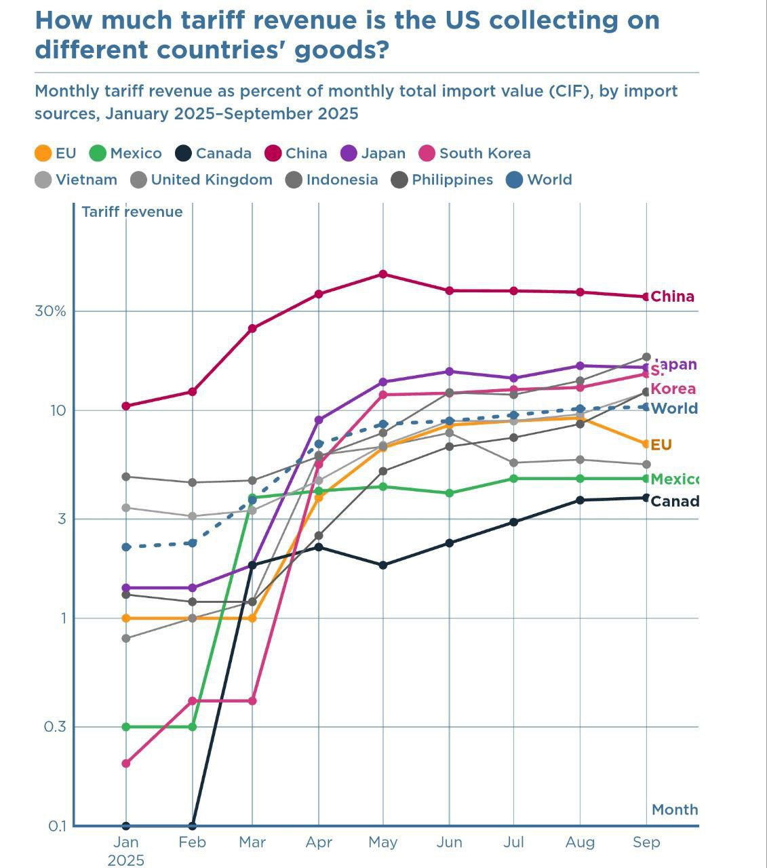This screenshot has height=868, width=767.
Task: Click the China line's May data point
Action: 383,274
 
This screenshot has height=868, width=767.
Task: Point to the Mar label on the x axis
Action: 252,842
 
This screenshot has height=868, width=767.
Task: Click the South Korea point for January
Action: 125,764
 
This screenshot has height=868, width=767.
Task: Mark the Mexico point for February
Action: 192,727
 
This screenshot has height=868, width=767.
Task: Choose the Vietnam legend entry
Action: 76,180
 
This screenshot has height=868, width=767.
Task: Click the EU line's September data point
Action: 646,444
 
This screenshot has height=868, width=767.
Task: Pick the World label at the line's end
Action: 674,408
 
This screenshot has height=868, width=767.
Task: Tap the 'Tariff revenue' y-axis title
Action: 132,212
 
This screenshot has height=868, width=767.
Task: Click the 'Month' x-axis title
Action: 675,810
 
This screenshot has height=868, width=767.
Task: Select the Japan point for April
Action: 319,420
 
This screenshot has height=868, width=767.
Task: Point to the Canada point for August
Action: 580,500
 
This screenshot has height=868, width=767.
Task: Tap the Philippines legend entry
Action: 442,180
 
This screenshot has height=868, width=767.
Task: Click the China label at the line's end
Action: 672,296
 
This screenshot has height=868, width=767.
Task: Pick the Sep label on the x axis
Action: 646,842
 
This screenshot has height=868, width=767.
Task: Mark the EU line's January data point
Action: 125,618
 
